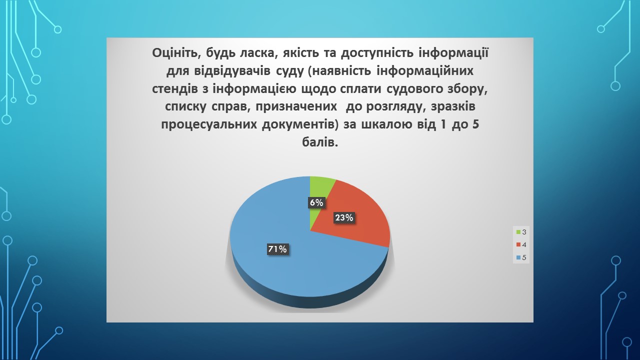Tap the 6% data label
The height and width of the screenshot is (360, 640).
click(316, 202)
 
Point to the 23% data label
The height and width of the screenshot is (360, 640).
click(344, 217)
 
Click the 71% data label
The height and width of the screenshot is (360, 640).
click(277, 249)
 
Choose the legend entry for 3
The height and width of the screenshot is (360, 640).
click(521, 232)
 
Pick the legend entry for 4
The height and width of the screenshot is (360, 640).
click(521, 244)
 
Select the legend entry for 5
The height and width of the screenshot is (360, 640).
click(521, 257)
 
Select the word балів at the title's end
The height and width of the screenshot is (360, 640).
click(320, 142)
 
